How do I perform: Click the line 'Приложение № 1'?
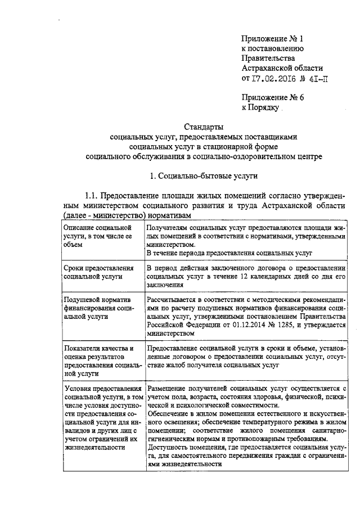pos(272,39)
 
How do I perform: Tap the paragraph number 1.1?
pos(92,196)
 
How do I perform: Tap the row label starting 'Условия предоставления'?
pos(101,416)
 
